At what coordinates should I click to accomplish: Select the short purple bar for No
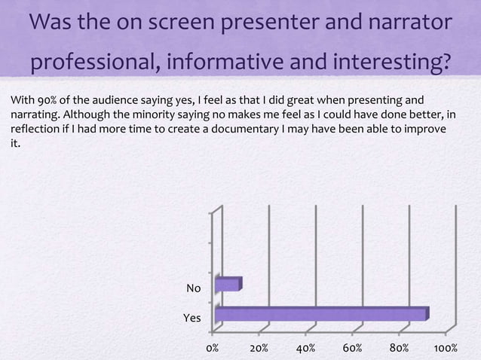click(228, 285)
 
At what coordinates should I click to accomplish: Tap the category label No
click(194, 288)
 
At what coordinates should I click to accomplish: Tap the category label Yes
click(192, 319)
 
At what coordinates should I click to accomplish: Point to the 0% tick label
click(213, 349)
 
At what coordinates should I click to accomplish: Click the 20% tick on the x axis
click(259, 349)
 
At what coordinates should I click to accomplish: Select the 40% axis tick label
click(305, 349)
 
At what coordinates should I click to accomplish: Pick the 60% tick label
click(352, 349)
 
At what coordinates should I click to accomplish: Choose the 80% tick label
click(399, 349)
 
